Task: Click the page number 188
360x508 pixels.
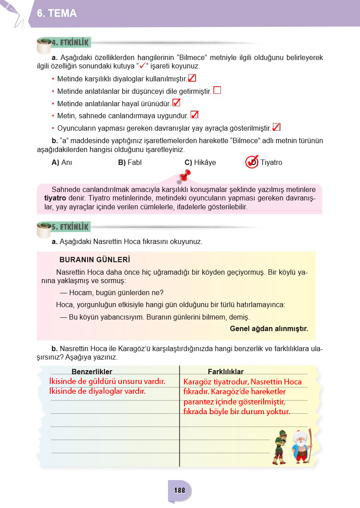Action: pyautogui.click(x=180, y=491)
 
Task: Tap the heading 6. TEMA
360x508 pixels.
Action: pyautogui.click(x=57, y=14)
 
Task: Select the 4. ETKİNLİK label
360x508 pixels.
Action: pyautogui.click(x=71, y=43)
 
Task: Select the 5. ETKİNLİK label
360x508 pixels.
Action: pyautogui.click(x=71, y=227)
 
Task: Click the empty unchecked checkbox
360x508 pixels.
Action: pyautogui.click(x=217, y=90)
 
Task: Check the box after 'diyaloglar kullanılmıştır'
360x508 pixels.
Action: pyautogui.click(x=192, y=78)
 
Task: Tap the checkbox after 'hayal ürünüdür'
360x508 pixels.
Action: pyautogui.click(x=176, y=103)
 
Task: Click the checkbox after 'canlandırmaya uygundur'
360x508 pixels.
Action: pyautogui.click(x=194, y=115)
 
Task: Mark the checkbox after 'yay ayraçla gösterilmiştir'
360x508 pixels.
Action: pyautogui.click(x=276, y=128)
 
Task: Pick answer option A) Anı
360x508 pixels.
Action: pyautogui.click(x=62, y=163)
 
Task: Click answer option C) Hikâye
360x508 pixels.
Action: pyautogui.click(x=200, y=163)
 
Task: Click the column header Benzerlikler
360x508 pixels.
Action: pyautogui.click(x=92, y=372)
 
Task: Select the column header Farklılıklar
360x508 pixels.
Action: pyautogui.click(x=225, y=372)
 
